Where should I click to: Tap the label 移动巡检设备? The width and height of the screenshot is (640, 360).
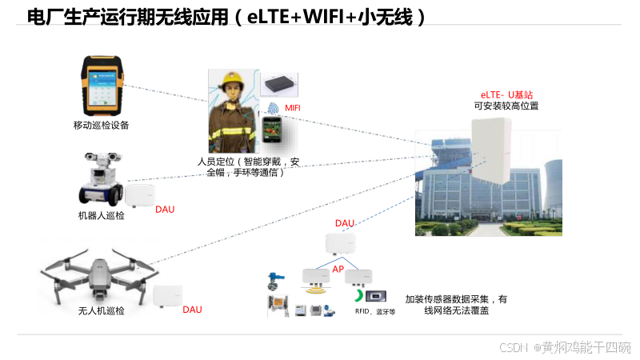click(x=101, y=125)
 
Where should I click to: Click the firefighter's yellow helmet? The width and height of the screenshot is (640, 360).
click(x=234, y=80)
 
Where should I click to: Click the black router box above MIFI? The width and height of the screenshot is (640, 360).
click(x=280, y=84)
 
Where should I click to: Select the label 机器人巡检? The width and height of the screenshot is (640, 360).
click(x=101, y=216)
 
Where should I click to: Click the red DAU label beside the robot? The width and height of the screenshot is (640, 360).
click(x=165, y=210)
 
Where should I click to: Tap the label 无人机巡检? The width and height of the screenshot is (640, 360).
click(x=102, y=310)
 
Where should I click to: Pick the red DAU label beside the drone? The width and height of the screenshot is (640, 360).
click(x=192, y=310)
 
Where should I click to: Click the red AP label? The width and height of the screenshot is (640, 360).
click(x=338, y=269)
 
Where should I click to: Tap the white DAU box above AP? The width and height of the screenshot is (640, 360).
click(x=340, y=243)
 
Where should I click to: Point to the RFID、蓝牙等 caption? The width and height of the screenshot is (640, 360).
click(x=375, y=312)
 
